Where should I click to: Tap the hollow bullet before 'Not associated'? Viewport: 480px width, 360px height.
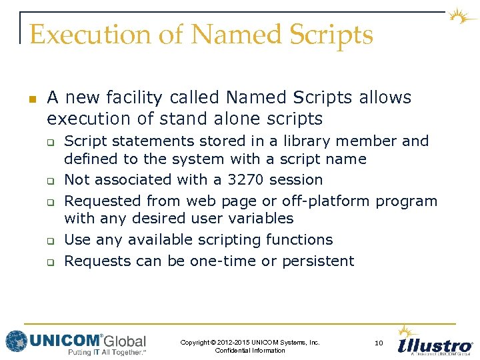[49, 181]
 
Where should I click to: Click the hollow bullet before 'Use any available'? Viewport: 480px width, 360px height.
[49, 241]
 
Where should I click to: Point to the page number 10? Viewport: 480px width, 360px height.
[379, 343]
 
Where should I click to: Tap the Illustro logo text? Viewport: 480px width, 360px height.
[435, 346]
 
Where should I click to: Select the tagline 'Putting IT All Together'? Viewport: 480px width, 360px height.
[107, 353]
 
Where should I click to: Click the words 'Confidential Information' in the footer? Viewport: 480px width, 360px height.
[250, 351]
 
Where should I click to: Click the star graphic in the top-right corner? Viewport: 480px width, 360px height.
[461, 17]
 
